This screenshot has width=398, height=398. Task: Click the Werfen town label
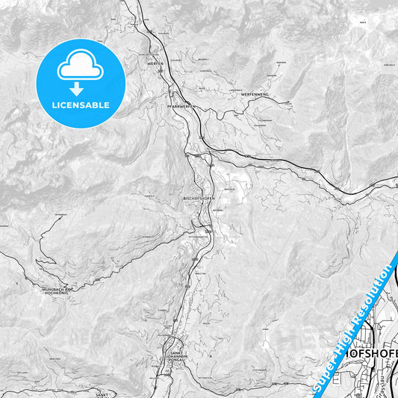[155, 64]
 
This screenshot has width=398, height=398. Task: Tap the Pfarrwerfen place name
[182, 107]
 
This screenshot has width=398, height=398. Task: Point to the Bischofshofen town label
[199, 199]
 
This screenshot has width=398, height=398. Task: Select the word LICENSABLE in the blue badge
[80, 105]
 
